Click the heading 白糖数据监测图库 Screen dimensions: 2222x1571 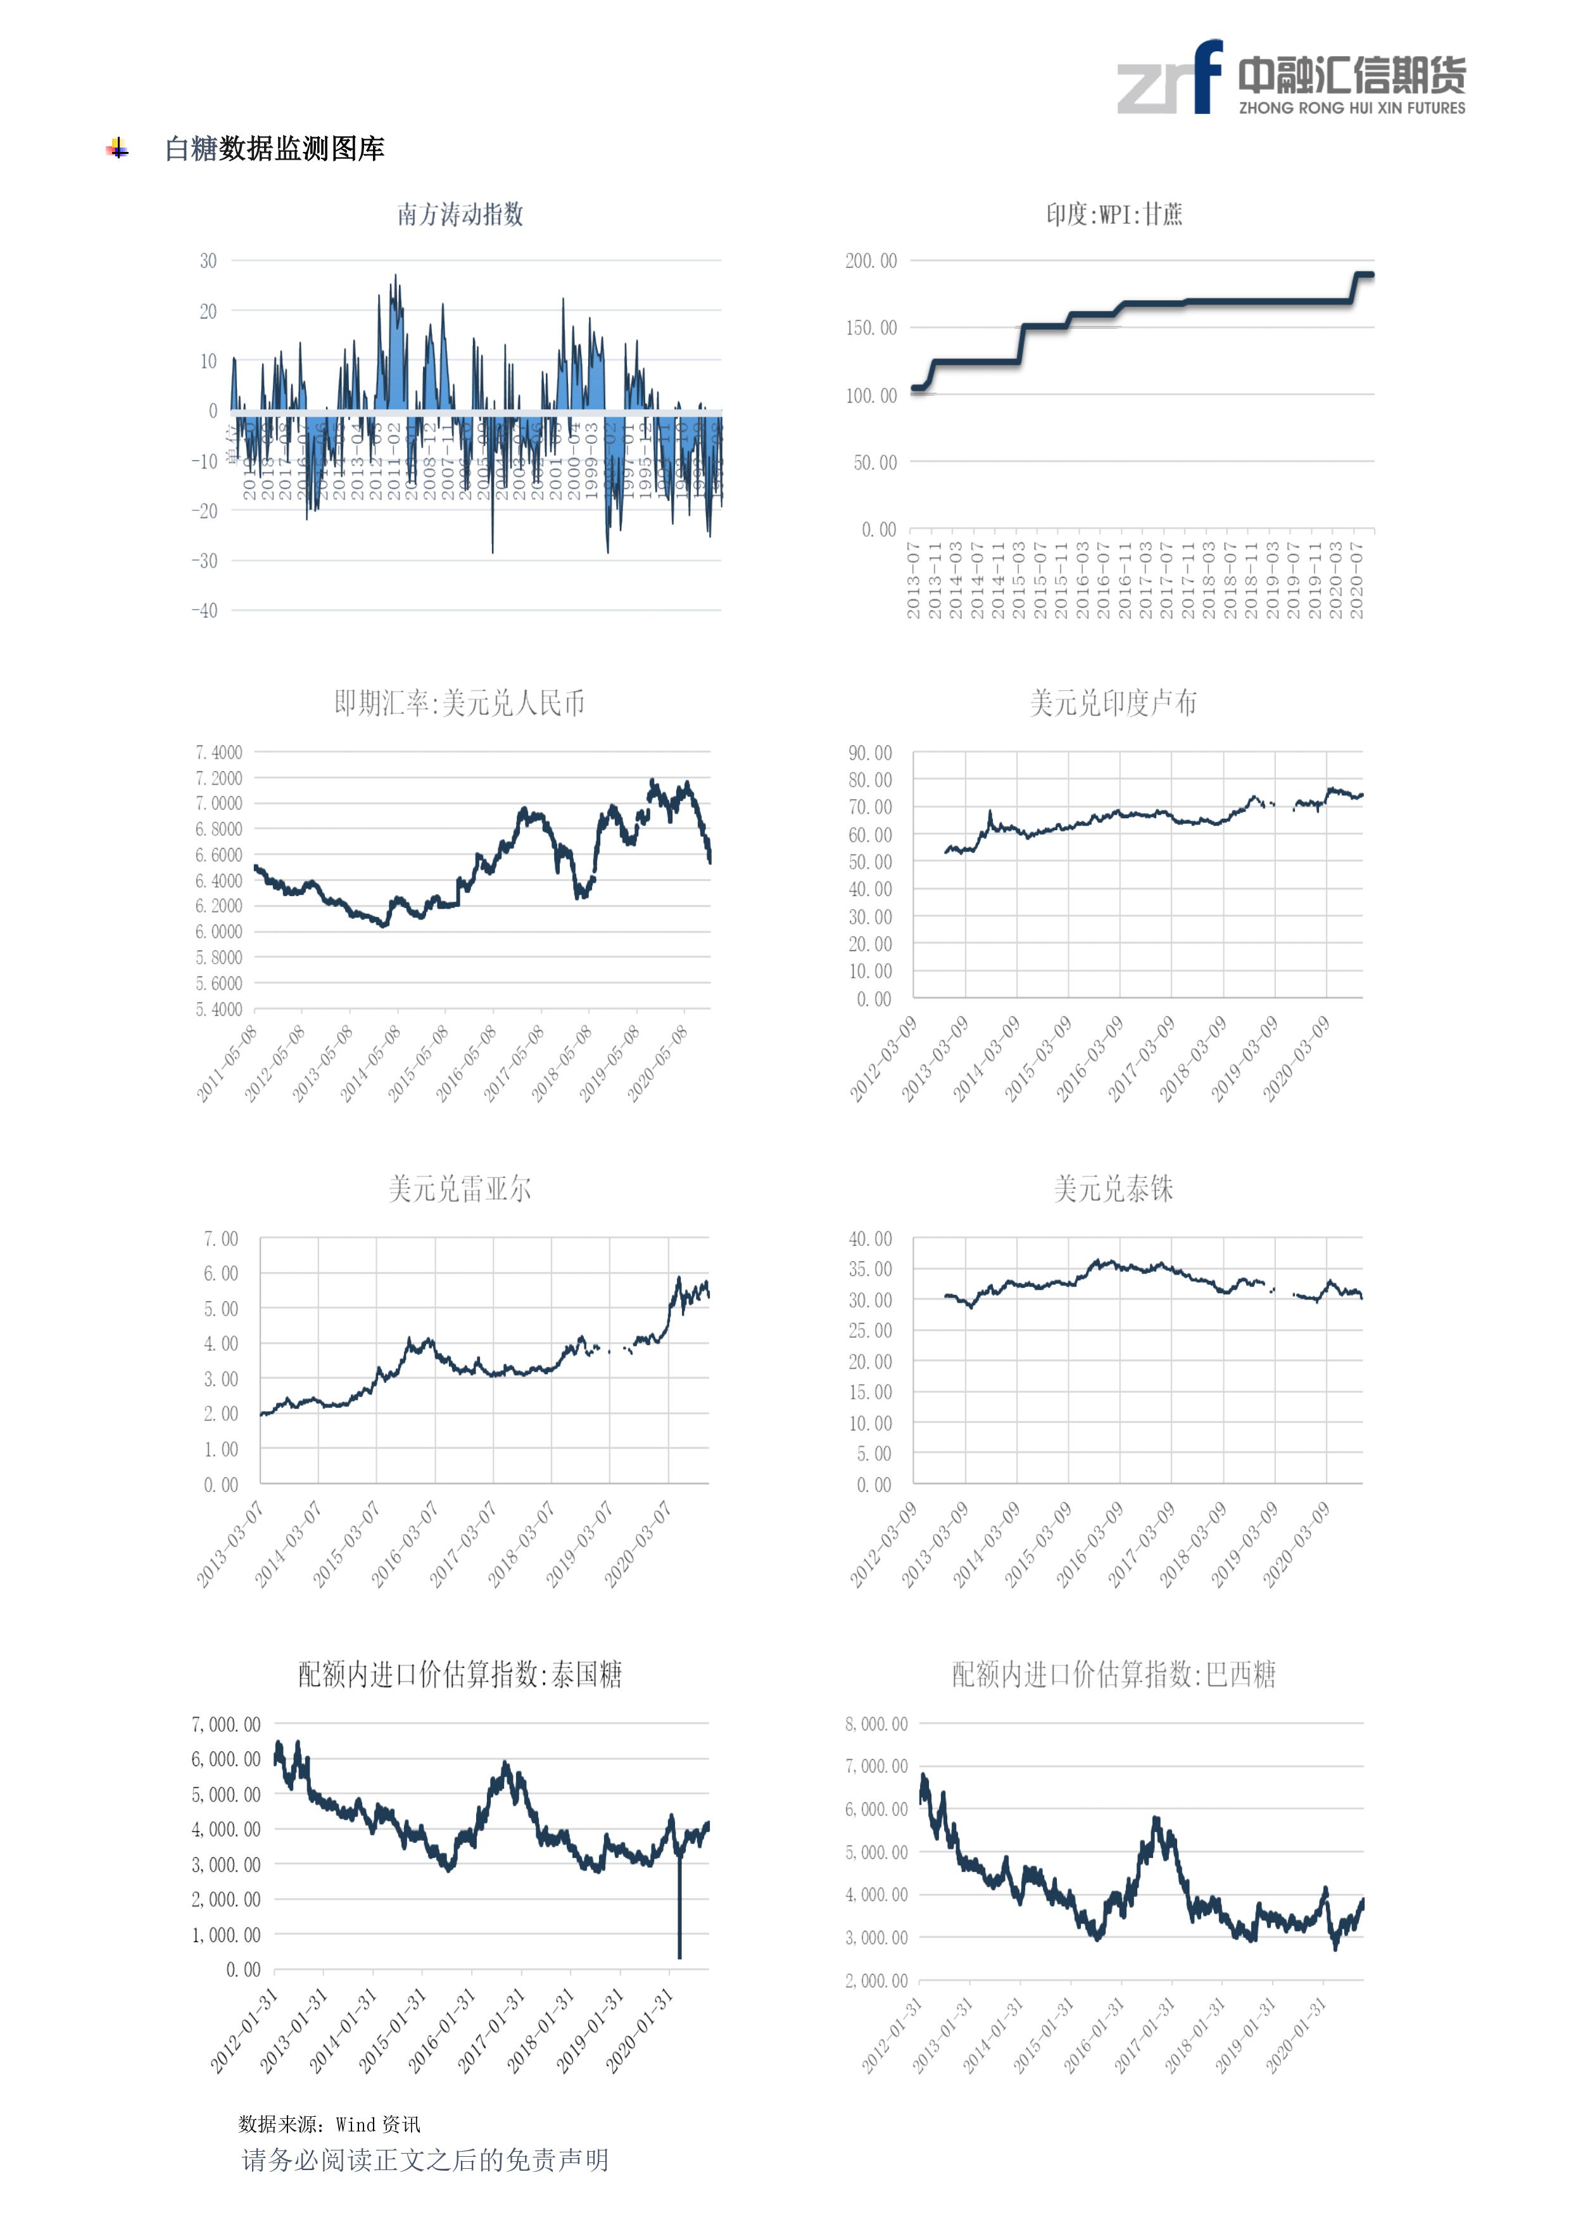pyautogui.click(x=275, y=149)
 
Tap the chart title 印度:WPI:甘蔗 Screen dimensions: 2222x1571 pyautogui.click(x=1113, y=214)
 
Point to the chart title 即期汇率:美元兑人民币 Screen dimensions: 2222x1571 pyautogui.click(x=460, y=703)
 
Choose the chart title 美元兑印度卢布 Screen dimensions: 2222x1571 pyautogui.click(x=1113, y=703)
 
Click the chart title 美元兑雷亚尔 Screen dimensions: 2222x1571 pyautogui.click(x=460, y=1189)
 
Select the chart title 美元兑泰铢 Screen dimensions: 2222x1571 pyautogui.click(x=1113, y=1189)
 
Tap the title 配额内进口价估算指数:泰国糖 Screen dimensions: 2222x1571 pyautogui.click(x=460, y=1674)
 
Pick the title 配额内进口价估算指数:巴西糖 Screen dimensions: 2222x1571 pyautogui.click(x=1113, y=1674)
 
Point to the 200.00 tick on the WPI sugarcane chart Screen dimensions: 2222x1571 pyautogui.click(x=871, y=262)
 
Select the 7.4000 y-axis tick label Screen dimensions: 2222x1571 pyautogui.click(x=218, y=753)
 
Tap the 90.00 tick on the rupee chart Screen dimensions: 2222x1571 pyautogui.click(x=870, y=753)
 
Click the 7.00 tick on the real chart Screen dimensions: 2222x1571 pyautogui.click(x=221, y=1240)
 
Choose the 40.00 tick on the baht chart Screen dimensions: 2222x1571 pyautogui.click(x=870, y=1240)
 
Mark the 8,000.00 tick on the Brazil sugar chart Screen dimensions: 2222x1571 pyautogui.click(x=876, y=1724)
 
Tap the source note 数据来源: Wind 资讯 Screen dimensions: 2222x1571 pyautogui.click(x=329, y=2124)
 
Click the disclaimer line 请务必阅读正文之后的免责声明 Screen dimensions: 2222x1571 pyautogui.click(x=425, y=2160)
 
